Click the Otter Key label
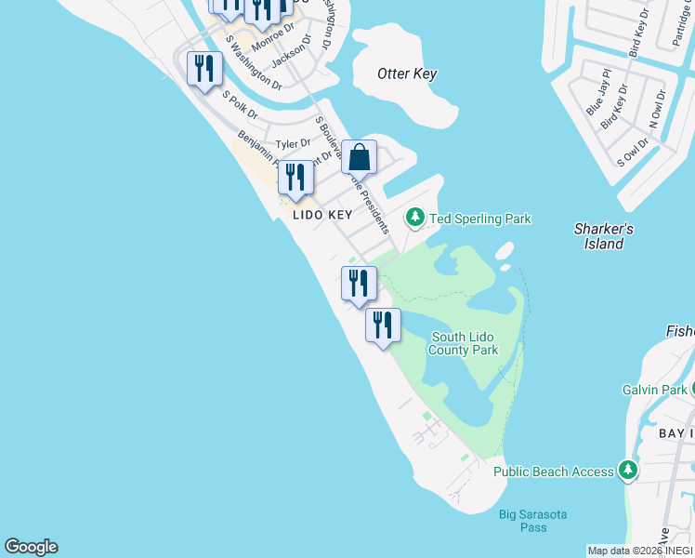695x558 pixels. pyautogui.click(x=407, y=73)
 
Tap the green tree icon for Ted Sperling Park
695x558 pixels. pyautogui.click(x=414, y=219)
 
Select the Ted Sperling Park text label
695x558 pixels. pyautogui.click(x=479, y=219)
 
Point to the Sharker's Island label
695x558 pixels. pyautogui.click(x=603, y=236)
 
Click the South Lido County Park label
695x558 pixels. pyautogui.click(x=465, y=343)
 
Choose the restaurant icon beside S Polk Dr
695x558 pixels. pyautogui.click(x=204, y=68)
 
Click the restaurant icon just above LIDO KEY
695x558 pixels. pyautogui.click(x=295, y=177)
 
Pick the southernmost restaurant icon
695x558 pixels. pyautogui.click(x=383, y=325)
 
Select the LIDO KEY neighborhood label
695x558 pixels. pyautogui.click(x=322, y=215)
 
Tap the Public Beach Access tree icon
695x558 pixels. pyautogui.click(x=629, y=471)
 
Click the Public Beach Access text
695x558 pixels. pyautogui.click(x=553, y=472)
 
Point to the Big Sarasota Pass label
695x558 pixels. pyautogui.click(x=532, y=521)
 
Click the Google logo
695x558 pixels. pyautogui.click(x=31, y=547)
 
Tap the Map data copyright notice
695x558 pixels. pyautogui.click(x=640, y=551)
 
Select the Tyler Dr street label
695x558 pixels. pyautogui.click(x=293, y=144)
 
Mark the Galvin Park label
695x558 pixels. pyautogui.click(x=653, y=392)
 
